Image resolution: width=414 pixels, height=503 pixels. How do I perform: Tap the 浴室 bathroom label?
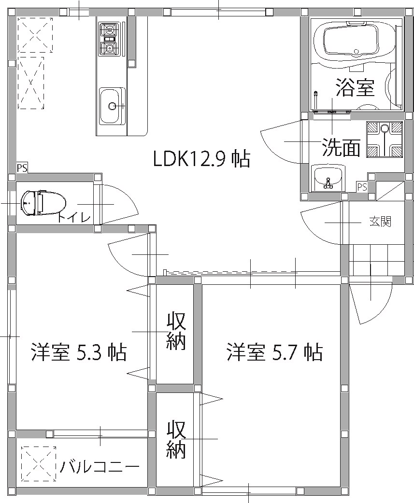coord(355,88)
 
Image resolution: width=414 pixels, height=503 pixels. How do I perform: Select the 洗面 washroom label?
coord(341,148)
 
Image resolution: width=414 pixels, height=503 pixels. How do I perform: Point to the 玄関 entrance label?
coord(380,222)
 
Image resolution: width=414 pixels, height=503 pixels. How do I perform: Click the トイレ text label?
coord(74,218)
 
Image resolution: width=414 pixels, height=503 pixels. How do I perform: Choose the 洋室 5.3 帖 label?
coord(78,352)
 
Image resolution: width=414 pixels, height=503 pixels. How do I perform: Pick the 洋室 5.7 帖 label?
coord(274,352)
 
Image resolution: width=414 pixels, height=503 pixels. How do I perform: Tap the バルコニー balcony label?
coord(100,467)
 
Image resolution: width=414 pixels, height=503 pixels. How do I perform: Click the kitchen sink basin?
coord(112,106)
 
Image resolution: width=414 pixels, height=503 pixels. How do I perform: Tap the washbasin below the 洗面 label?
coord(328,178)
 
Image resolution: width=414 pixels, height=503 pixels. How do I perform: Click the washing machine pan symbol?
coord(384,140)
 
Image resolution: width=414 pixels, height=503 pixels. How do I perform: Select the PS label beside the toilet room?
coord(22,168)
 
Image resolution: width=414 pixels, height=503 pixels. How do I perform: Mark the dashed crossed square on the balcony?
coord(39,464)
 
